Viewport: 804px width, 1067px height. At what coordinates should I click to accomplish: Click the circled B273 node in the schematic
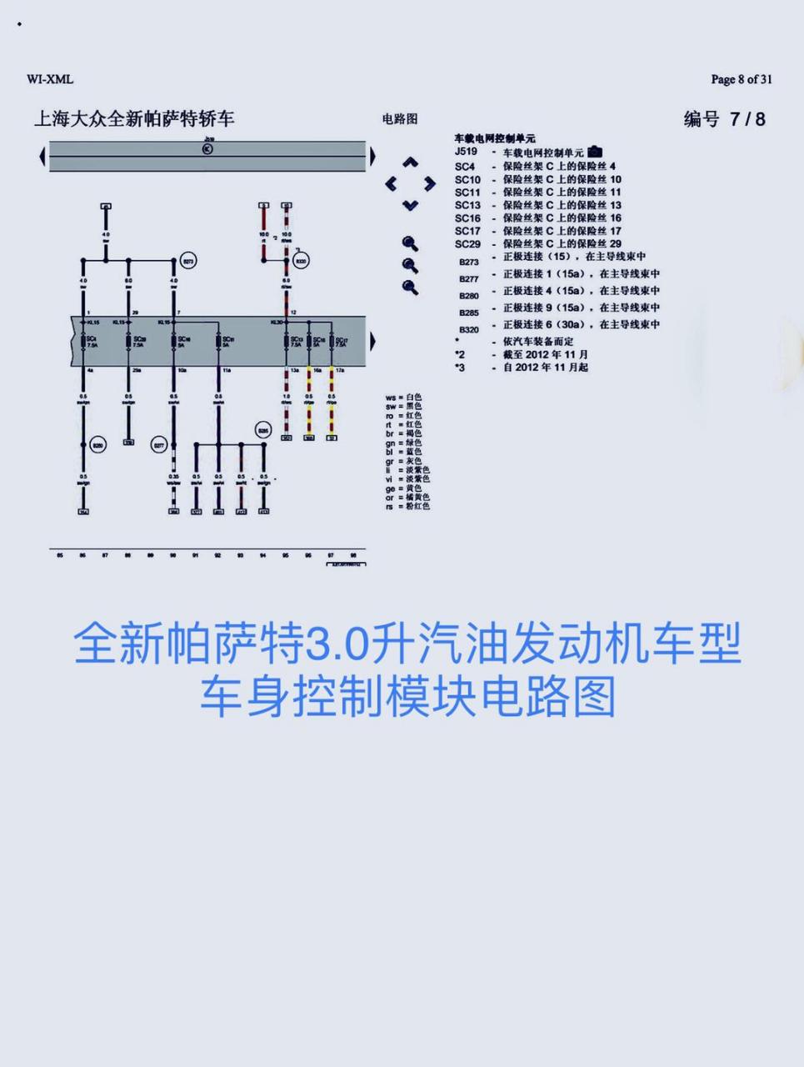[188, 261]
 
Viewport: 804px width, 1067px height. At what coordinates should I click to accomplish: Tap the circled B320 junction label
[301, 261]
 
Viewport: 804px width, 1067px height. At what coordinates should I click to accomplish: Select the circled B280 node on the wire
[98, 445]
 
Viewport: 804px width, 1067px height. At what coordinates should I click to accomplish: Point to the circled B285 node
[263, 430]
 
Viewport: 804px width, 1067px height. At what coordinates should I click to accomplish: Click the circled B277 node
[159, 445]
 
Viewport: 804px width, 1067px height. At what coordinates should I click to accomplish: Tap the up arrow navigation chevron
[410, 163]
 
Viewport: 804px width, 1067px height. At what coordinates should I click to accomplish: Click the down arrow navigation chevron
[410, 205]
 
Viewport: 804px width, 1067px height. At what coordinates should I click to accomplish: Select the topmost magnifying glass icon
[410, 243]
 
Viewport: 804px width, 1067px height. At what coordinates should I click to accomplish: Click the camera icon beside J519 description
[595, 152]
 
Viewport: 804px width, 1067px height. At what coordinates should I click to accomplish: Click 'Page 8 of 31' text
[741, 79]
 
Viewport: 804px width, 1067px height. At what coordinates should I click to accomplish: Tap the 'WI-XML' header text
[50, 79]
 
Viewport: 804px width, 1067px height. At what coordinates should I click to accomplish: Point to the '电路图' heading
[400, 119]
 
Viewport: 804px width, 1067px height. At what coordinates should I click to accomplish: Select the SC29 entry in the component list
[467, 243]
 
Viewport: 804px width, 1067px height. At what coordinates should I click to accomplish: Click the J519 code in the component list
[466, 152]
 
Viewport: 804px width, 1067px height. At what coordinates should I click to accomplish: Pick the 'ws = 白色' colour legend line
[404, 398]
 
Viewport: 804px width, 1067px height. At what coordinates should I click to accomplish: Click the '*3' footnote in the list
[460, 367]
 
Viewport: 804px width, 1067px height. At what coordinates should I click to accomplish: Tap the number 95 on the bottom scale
[286, 554]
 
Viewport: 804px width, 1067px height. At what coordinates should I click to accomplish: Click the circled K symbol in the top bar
[207, 148]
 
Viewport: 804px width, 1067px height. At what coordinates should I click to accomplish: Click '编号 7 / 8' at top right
[724, 119]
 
